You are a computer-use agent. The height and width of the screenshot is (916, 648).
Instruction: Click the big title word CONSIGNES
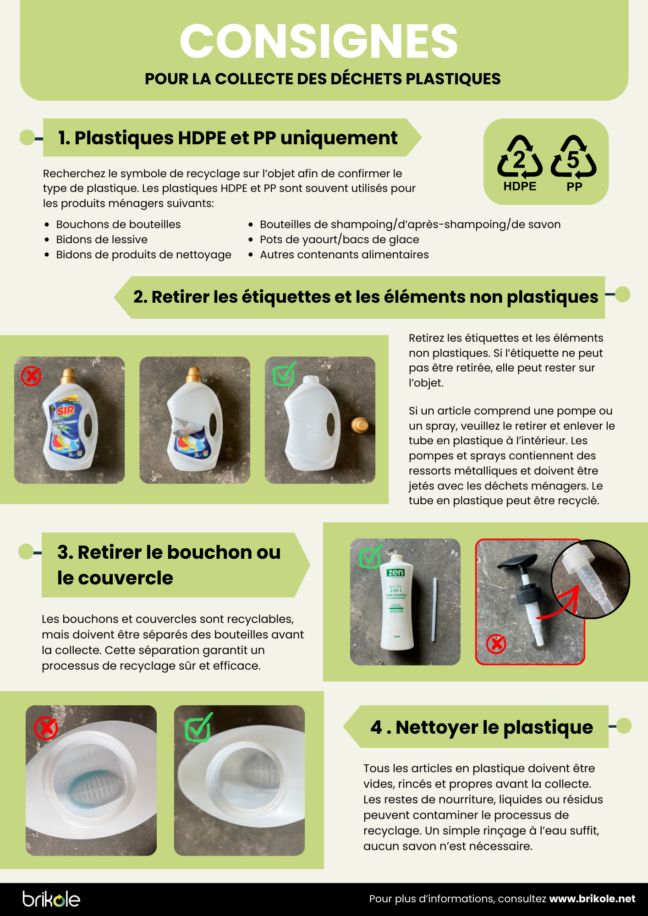point(319,41)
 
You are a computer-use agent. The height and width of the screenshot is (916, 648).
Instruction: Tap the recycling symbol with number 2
point(520,157)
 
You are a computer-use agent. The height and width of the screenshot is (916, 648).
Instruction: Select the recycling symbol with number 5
point(574,157)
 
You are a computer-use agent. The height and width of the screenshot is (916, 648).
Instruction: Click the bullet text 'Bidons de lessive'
point(102,240)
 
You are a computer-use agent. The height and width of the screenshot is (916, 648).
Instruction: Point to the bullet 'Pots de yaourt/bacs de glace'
point(340,240)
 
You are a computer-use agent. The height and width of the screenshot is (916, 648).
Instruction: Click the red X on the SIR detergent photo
point(31,376)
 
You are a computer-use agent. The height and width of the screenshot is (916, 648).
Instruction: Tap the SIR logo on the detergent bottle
point(66,410)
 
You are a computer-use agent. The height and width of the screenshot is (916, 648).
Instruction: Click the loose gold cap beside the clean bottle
point(359,425)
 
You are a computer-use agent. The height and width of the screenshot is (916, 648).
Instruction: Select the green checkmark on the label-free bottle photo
point(284,373)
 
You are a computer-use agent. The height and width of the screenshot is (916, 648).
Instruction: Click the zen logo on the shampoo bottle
point(395,572)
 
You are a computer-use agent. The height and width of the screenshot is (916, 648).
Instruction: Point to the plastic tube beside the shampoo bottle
point(434,610)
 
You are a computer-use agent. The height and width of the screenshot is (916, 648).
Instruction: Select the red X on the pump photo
point(496,643)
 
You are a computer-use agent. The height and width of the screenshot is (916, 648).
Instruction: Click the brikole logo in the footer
point(51,899)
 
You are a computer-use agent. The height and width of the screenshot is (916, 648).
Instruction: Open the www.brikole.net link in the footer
point(592,899)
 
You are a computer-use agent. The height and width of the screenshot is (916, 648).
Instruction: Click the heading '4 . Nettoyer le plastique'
point(482,727)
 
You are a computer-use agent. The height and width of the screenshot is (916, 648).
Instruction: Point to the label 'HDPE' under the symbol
point(520,186)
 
